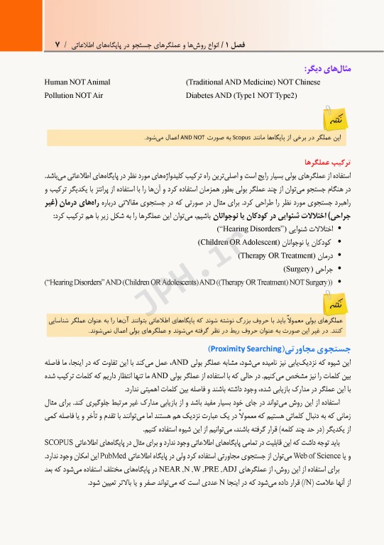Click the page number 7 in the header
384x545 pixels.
(x=57, y=45)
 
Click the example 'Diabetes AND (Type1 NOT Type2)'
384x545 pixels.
(x=241, y=94)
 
